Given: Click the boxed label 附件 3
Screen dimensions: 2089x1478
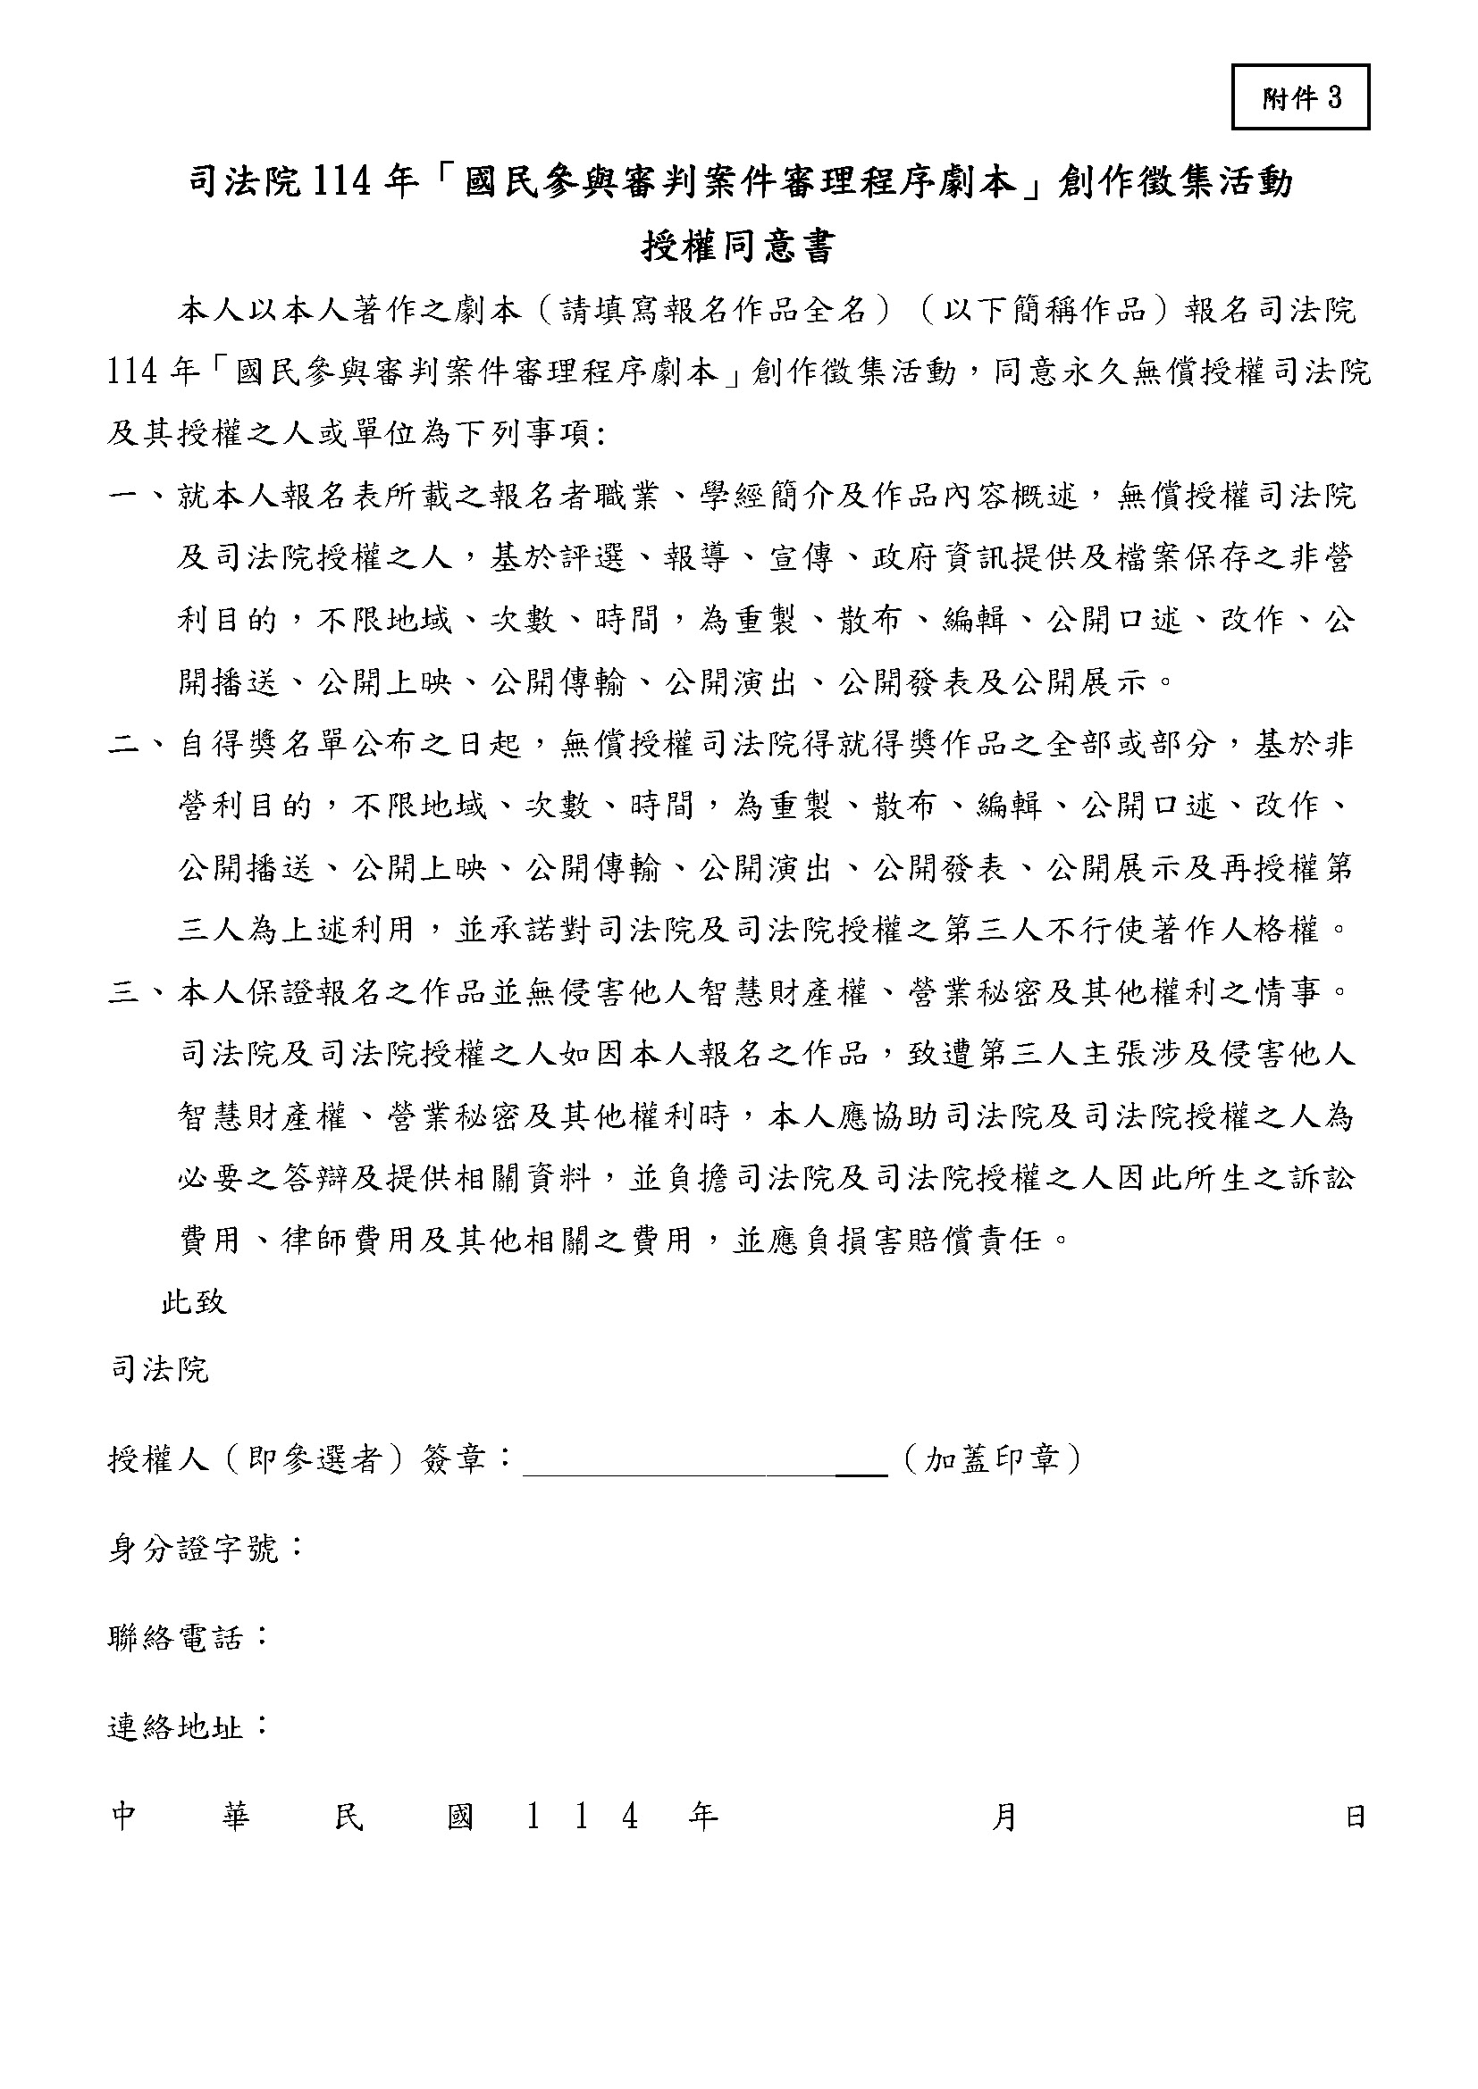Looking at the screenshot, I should point(1300,97).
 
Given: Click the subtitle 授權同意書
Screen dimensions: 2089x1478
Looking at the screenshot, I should point(738,246).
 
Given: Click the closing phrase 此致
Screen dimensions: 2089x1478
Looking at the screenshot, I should point(194,1303).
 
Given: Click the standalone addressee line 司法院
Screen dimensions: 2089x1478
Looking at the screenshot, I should point(160,1369).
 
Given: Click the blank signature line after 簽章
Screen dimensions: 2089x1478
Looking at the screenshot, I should point(705,1462).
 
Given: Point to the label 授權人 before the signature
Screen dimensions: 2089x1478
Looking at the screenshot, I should point(159,1461).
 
